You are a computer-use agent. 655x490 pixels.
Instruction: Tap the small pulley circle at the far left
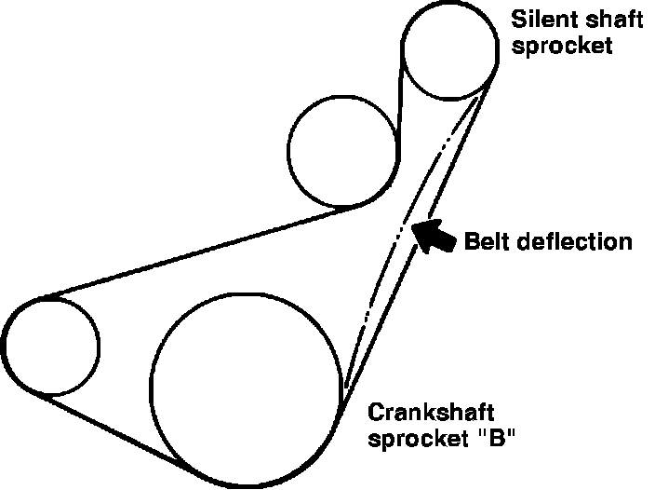point(50,346)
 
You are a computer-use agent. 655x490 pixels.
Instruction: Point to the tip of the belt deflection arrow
point(414,224)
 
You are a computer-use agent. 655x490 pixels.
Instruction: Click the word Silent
point(534,18)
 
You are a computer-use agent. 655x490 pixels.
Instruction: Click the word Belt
point(486,242)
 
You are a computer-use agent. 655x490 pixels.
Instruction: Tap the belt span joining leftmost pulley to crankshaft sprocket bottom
point(112,429)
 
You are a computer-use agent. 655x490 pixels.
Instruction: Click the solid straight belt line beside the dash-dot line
point(419,242)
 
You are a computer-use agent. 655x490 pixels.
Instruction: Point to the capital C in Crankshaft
point(377,412)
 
